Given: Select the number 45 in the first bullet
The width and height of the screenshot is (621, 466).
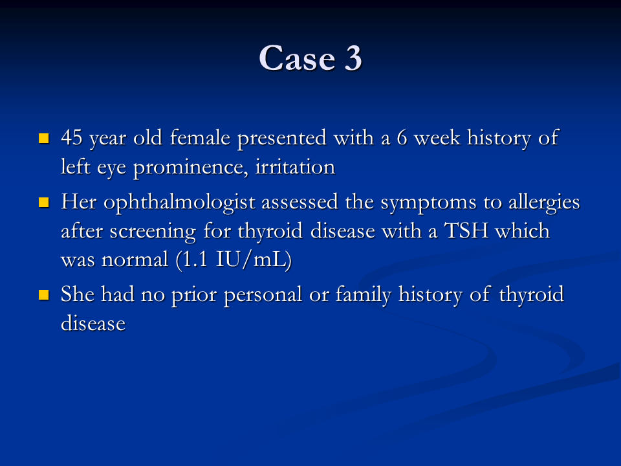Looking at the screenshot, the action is [72, 137].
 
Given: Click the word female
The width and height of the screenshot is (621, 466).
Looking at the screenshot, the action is [200, 137].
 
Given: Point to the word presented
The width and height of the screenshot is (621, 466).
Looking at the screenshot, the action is [282, 139].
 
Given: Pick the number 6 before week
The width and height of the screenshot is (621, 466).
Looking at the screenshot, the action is [402, 138].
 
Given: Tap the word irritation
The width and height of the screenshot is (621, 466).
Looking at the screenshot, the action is [295, 166].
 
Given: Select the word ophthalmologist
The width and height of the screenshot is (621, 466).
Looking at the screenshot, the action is [179, 203].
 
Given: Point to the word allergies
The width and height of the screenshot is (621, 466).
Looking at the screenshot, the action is [544, 203].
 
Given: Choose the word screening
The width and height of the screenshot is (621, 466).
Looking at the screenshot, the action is [153, 232].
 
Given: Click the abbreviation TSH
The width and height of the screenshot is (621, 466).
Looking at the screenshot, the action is [466, 230].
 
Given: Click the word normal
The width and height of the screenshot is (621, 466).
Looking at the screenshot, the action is [135, 260].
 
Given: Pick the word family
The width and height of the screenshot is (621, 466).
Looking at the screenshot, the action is [364, 295].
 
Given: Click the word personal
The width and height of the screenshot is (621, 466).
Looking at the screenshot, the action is [263, 296].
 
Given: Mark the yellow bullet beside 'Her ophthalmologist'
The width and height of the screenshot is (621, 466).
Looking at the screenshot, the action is [43, 203].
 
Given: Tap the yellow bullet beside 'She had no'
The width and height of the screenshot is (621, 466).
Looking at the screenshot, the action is [43, 295].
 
